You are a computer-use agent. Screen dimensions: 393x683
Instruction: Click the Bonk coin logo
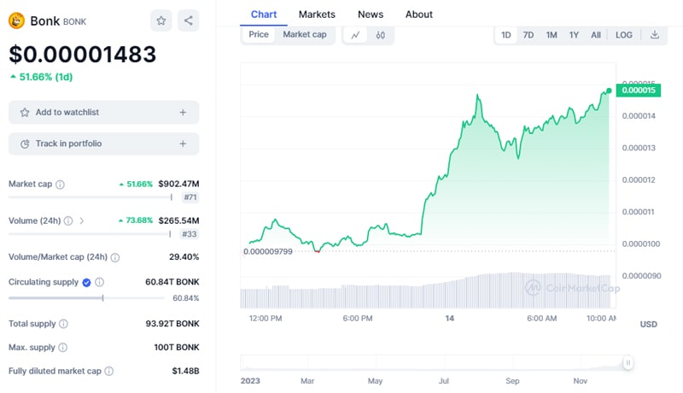coord(16,21)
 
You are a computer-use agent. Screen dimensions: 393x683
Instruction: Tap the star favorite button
coord(161,21)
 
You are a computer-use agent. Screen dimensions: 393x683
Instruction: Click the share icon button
coord(188,21)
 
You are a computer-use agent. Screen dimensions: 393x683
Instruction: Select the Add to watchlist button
coord(103,112)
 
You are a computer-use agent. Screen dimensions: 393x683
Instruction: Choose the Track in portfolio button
coord(103,144)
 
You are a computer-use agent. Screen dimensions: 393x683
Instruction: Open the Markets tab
coord(317,15)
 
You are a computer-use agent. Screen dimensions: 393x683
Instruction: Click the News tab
coord(371,15)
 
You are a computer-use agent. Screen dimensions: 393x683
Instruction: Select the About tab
coord(419,15)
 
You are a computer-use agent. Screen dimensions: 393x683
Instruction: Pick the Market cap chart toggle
coord(305,35)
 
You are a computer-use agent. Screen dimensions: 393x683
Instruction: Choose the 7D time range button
coord(528,35)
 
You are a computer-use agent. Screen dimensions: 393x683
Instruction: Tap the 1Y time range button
coord(575,35)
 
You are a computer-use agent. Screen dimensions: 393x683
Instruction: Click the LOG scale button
coord(624,35)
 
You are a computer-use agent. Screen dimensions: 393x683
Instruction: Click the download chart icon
coord(655,35)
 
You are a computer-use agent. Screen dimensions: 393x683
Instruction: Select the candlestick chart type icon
coord(381,35)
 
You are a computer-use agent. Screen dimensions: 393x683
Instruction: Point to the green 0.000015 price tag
coord(639,90)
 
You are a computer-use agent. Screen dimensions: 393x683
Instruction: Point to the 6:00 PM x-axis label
coord(357,319)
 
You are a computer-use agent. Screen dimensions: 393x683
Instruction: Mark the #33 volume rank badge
coord(190,233)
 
